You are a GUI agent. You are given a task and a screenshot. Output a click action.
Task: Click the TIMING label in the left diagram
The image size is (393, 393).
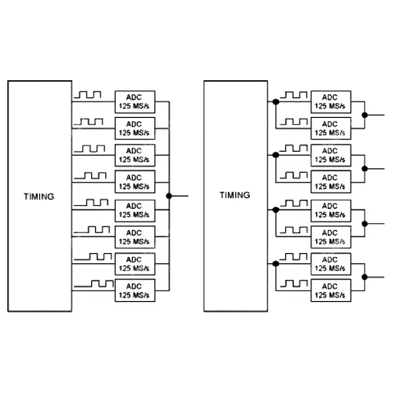coord(39,196)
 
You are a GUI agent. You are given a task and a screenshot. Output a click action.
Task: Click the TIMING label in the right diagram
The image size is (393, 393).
coord(235,195)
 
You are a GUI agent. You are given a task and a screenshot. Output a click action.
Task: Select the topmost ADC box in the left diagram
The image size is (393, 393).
coord(135,102)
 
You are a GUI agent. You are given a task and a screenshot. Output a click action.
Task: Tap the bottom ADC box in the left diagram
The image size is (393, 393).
coord(135,291)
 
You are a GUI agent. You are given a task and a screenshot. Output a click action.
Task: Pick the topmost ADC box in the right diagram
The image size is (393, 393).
coord(331,102)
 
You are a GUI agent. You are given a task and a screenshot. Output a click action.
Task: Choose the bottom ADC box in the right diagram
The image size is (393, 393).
coord(331,291)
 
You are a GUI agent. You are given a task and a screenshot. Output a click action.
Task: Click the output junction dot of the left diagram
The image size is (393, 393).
coord(169,196)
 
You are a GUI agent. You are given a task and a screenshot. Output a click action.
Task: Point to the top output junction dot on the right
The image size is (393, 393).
coord(365,115)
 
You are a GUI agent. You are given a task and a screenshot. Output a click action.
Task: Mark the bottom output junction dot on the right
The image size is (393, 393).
coord(365,277)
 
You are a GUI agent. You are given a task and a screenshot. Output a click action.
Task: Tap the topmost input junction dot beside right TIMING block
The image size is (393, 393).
coord(276,101)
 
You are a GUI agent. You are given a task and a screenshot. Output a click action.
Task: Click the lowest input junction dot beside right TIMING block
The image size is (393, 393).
coord(276,263)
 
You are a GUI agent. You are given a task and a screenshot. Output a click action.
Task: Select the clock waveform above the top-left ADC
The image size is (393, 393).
coord(87,94)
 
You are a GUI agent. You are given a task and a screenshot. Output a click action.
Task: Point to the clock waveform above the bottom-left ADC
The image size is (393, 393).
coord(94,284)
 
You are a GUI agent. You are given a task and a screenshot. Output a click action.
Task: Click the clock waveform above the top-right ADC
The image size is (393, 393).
coord(293,94)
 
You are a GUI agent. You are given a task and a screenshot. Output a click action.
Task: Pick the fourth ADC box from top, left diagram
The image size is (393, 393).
coord(135,182)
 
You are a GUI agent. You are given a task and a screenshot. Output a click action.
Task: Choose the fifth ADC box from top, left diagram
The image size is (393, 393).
coord(135,211)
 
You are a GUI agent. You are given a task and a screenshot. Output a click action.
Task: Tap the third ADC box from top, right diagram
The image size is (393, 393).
coord(331,155)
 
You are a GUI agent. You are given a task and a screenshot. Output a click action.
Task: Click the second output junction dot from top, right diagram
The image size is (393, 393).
coord(365,169)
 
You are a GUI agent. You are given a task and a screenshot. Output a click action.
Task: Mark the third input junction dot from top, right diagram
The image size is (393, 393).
coord(276,210)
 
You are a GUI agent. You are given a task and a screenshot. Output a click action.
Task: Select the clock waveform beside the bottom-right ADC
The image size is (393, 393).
coord(294,284)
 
